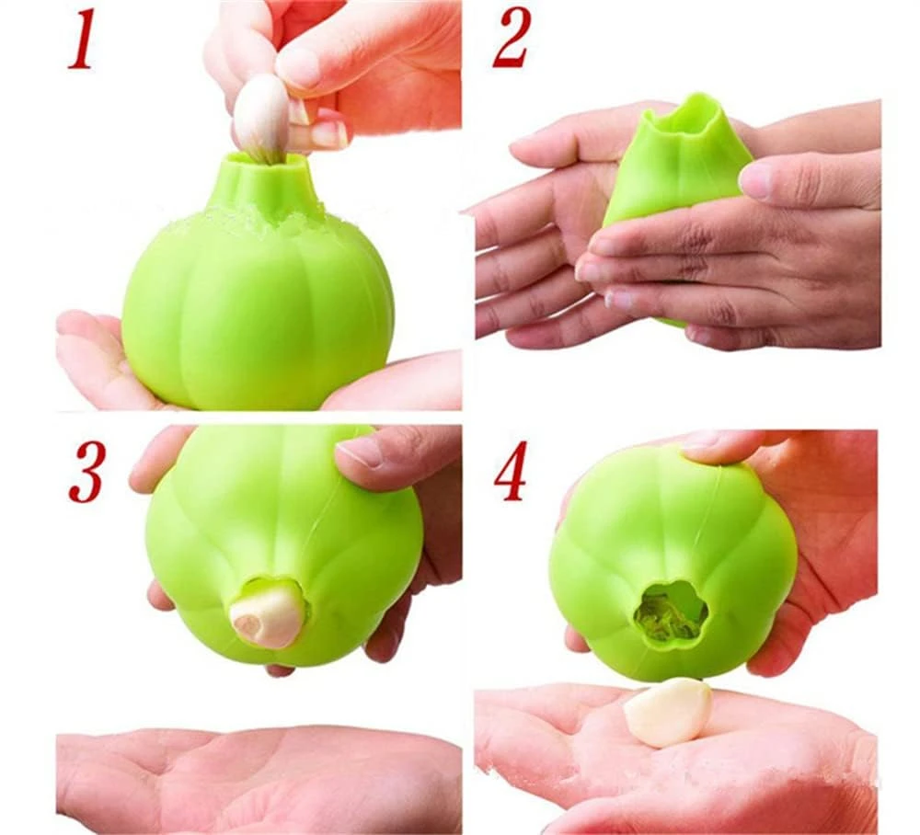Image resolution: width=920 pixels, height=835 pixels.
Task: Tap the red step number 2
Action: tap(512, 38)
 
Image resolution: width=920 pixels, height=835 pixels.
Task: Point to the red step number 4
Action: tap(511, 471)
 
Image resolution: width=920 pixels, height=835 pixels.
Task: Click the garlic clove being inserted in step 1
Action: tap(261, 119)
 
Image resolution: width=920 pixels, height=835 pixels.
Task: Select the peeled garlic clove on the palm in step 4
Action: tap(666, 712)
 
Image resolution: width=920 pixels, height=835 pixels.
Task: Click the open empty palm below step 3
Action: tap(259, 777)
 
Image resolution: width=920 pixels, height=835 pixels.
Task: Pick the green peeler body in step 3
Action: tap(282, 545)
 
